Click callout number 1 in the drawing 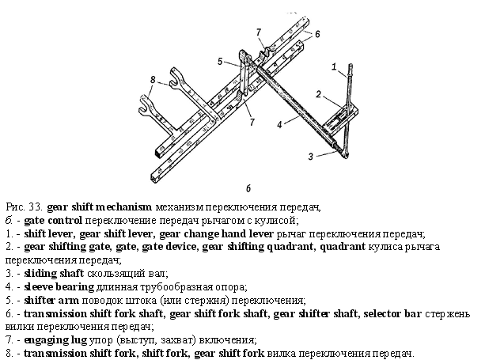point(334,66)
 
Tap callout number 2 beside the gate point(319,94)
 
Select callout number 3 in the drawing point(310,157)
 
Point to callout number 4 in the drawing point(279,124)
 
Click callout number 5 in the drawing point(220,61)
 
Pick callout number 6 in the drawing point(317,34)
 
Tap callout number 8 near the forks point(153,79)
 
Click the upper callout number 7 point(259,32)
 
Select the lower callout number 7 point(252,122)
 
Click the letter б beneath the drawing point(248,188)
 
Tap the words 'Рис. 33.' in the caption point(24,207)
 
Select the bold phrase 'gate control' point(53,221)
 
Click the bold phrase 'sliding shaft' point(54,273)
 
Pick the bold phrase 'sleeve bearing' point(59,286)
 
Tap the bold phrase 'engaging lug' point(55,339)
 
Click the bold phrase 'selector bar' point(392,313)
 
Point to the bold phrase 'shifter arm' point(51,300)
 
